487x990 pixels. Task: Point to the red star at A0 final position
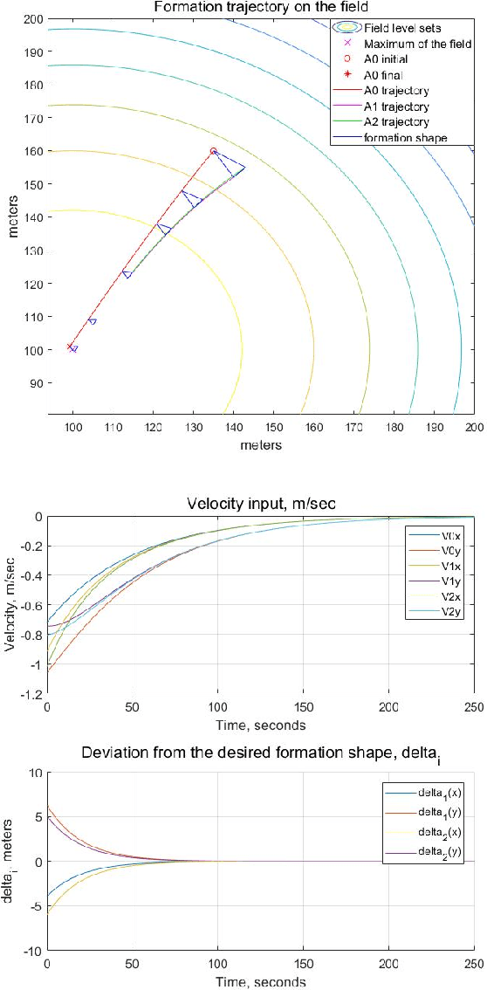pyautogui.click(x=71, y=347)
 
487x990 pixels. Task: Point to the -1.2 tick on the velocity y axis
pyautogui.click(x=29, y=695)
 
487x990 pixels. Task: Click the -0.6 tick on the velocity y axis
pyautogui.click(x=29, y=605)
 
